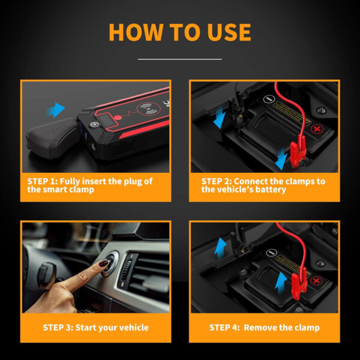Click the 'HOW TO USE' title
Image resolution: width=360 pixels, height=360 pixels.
pyautogui.click(x=180, y=32)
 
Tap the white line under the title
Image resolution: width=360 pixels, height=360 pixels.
pyautogui.click(x=180, y=59)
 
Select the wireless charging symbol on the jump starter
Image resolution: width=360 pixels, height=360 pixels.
pyautogui.click(x=149, y=109)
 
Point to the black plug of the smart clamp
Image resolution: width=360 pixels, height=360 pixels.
pyautogui.click(x=52, y=137)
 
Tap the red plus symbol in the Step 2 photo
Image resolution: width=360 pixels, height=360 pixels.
pyautogui.click(x=317, y=129)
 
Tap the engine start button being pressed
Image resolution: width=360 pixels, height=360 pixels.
pyautogui.click(x=110, y=263)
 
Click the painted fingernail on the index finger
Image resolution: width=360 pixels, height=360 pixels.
pyautogui.click(x=104, y=263)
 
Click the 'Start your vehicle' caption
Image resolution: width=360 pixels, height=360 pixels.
pyautogui.click(x=112, y=328)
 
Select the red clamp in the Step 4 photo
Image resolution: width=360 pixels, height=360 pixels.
pyautogui.click(x=299, y=283)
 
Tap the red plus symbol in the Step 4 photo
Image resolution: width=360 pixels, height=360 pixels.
pyautogui.click(x=316, y=281)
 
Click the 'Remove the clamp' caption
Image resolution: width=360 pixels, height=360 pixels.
pyautogui.click(x=281, y=328)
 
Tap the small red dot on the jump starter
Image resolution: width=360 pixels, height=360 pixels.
pyautogui.click(x=118, y=118)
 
